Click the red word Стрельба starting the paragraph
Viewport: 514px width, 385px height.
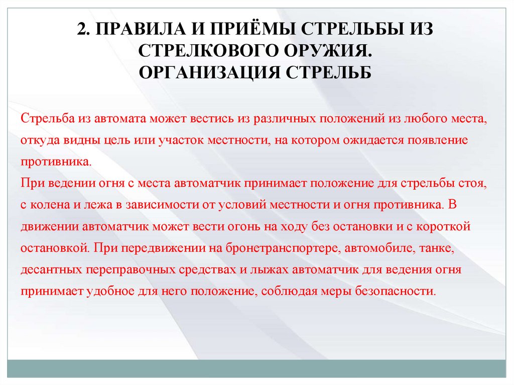(x=48, y=119)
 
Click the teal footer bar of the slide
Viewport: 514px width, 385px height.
(x=256, y=368)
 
